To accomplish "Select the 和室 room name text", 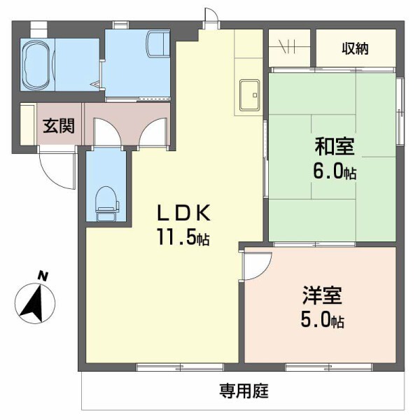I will [334, 147].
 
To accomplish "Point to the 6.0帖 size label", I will [335, 171].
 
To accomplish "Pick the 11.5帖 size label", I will [183, 237].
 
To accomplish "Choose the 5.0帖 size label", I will [323, 321].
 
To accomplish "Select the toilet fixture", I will [106, 202].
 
